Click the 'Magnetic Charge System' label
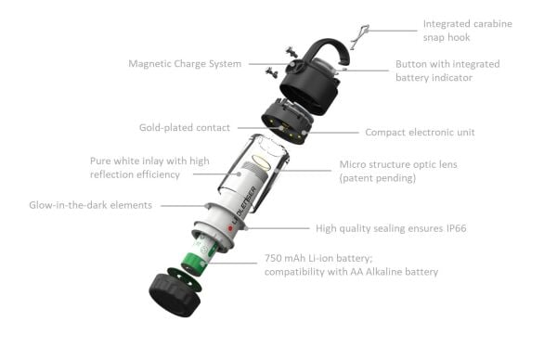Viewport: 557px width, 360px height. [185, 64]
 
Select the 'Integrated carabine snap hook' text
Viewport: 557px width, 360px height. [466, 31]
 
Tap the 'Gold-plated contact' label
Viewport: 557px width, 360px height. [185, 127]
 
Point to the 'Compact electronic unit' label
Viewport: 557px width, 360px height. [420, 133]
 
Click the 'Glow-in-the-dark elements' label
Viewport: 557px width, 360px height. [90, 205]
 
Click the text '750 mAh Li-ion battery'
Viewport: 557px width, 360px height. [322, 258]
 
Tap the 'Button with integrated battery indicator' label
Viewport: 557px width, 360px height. [447, 71]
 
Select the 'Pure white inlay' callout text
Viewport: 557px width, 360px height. [149, 167]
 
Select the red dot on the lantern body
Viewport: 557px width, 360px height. [229, 227]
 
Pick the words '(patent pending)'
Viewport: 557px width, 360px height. [371, 177]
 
